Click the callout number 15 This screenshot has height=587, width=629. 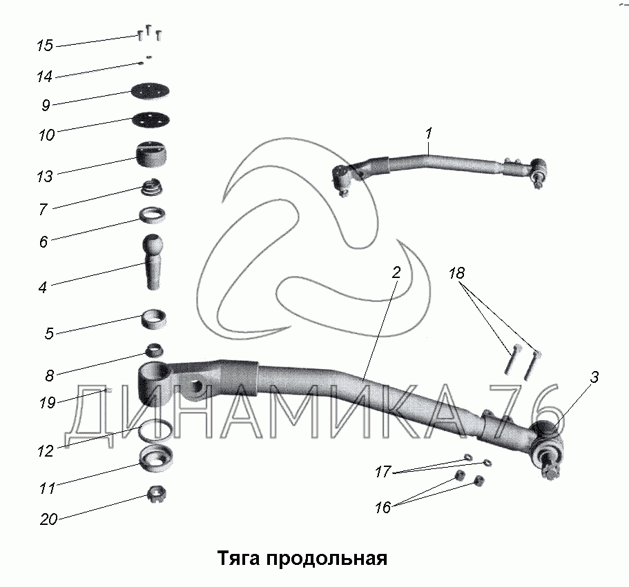tap(45, 46)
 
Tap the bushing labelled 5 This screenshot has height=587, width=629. tap(154, 321)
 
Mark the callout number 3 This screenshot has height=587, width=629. tap(594, 377)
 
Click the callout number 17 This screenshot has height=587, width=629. tap(383, 472)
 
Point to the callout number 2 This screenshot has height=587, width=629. tap(396, 273)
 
